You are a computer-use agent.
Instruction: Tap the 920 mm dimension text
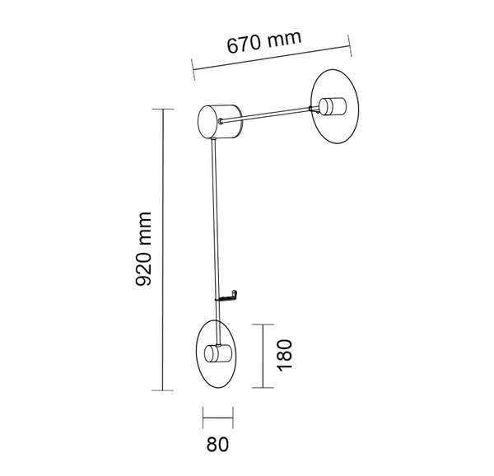(144, 247)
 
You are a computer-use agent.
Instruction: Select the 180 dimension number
(285, 355)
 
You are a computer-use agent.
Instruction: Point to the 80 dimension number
(217, 445)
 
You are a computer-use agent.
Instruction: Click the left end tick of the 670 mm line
(192, 71)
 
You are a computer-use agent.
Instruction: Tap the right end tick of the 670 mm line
(349, 46)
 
